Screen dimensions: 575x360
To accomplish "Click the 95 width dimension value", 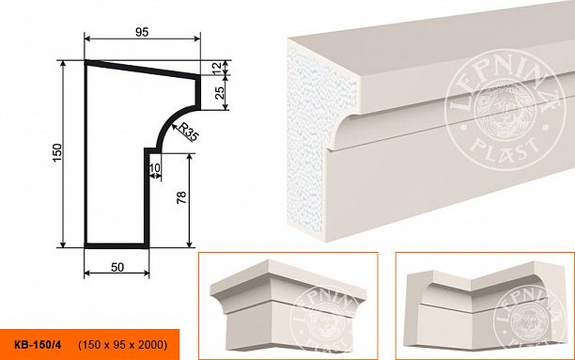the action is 142,32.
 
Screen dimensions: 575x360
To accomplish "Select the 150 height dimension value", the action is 57,152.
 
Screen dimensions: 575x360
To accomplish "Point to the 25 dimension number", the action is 219,93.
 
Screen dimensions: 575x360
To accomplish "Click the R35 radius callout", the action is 188,133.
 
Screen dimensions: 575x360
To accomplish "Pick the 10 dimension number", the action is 155,167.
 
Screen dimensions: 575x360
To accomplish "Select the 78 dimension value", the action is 181,197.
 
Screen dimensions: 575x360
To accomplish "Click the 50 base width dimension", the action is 117,268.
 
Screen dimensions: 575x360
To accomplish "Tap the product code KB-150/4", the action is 38,345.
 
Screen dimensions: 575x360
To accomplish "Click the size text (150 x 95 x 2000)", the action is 123,345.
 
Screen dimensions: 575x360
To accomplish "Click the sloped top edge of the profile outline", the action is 142,70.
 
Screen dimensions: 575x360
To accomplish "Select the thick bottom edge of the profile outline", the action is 117,245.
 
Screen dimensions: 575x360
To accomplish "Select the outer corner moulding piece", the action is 288,305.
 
